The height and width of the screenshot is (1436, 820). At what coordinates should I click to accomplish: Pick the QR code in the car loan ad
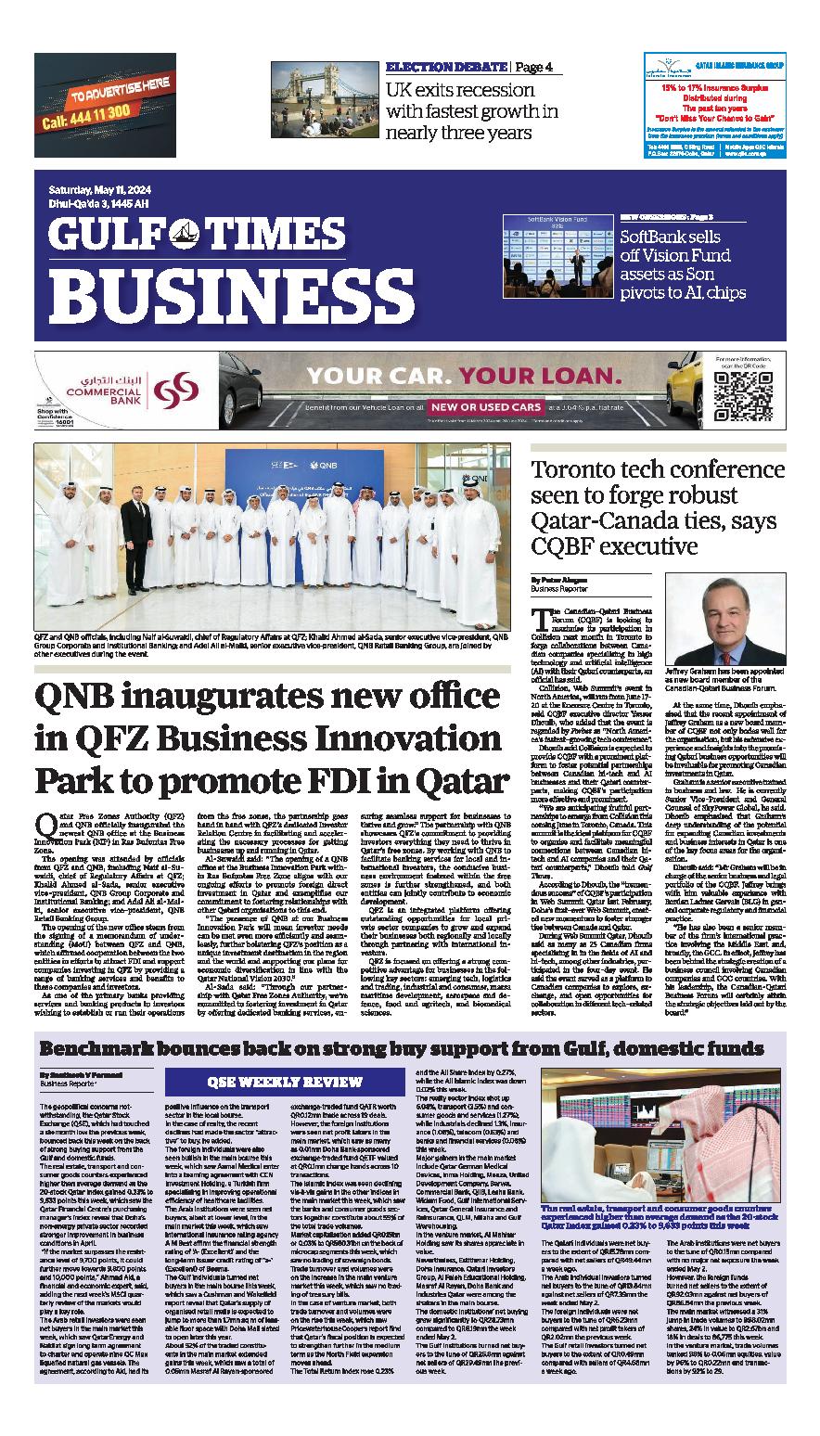pyautogui.click(x=740, y=394)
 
